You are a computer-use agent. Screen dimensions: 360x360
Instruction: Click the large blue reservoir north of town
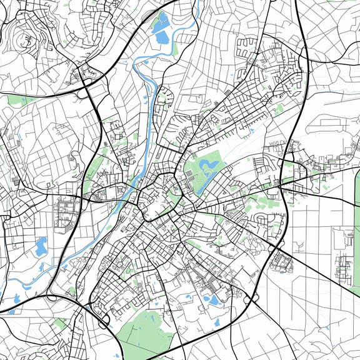(x=161, y=30)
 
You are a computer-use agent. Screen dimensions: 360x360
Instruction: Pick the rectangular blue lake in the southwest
(x=41, y=246)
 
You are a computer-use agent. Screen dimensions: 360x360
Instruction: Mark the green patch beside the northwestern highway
(x=19, y=100)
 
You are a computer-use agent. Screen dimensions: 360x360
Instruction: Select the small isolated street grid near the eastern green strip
(x=342, y=266)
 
